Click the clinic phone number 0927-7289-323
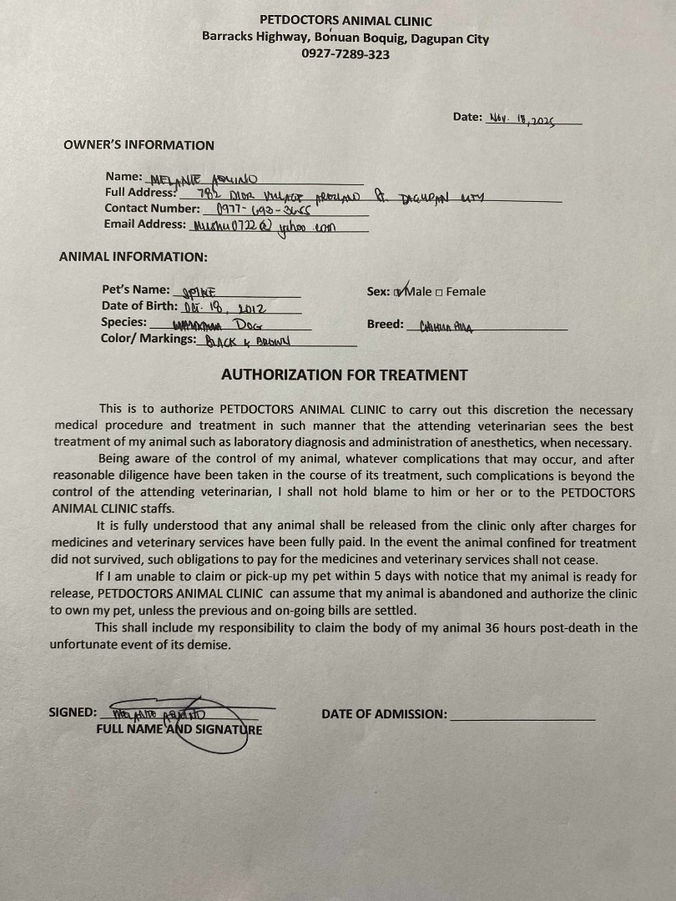pyautogui.click(x=345, y=54)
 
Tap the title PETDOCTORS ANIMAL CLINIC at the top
pyautogui.click(x=346, y=21)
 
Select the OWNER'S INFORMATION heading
pyautogui.click(x=139, y=145)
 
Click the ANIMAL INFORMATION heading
pyautogui.click(x=134, y=257)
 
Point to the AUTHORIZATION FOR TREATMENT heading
pyautogui.click(x=345, y=375)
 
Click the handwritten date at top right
pyautogui.click(x=522, y=118)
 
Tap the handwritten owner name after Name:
pyautogui.click(x=204, y=179)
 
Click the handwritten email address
pyautogui.click(x=262, y=225)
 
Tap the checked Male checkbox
pyautogui.click(x=398, y=292)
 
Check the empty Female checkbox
pyautogui.click(x=439, y=292)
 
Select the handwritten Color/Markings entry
pyautogui.click(x=240, y=341)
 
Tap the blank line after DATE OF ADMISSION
pyautogui.click(x=522, y=715)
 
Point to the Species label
pyautogui.click(x=124, y=322)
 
